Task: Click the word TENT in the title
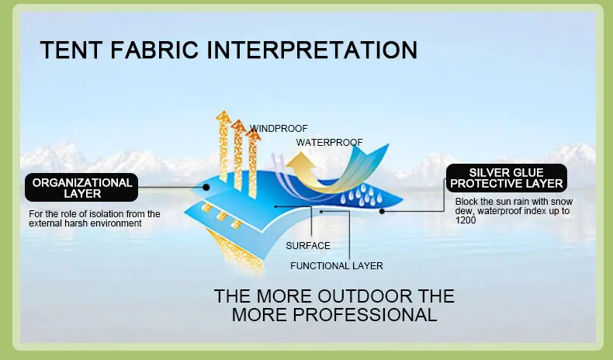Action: coord(71,50)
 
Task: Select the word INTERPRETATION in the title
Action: coord(312,50)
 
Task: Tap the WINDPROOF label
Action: coord(279,129)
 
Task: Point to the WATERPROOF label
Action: coord(329,142)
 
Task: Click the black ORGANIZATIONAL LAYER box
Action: coord(81,188)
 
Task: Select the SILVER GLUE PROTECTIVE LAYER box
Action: coord(506,178)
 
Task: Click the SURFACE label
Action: coord(308,246)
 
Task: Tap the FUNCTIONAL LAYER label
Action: coord(337,266)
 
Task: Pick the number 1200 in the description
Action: coord(466,220)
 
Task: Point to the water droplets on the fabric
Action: coord(362,196)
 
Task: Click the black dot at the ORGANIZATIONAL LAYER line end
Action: coord(206,188)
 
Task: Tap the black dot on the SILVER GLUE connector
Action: coord(382,212)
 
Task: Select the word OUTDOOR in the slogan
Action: coord(365,296)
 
